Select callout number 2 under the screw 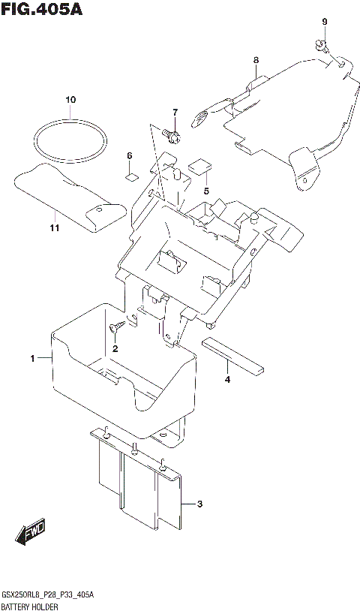point(115,348)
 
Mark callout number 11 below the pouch point(54,227)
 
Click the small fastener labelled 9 point(321,44)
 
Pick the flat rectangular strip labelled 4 point(233,354)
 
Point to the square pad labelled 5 point(200,166)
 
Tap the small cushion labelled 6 point(130,176)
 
